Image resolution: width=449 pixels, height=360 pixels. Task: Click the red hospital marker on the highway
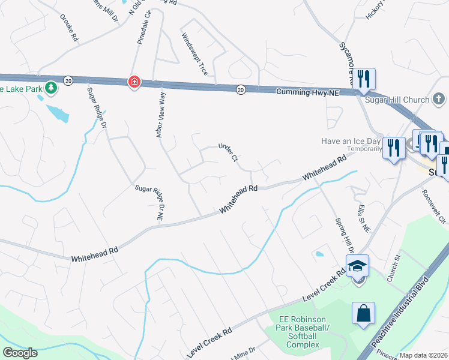(x=134, y=82)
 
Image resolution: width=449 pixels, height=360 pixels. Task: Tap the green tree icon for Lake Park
(x=52, y=88)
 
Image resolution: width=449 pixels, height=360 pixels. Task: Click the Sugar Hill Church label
(x=397, y=100)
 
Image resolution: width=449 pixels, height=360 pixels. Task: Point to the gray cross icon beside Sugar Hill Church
(x=439, y=99)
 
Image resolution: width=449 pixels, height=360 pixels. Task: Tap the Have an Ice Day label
(x=351, y=142)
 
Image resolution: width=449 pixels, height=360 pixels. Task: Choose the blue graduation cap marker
(x=357, y=264)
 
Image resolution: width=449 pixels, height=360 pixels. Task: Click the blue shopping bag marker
(x=364, y=313)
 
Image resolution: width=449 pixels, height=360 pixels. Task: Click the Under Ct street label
(x=229, y=152)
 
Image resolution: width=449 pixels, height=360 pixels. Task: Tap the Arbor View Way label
(x=160, y=114)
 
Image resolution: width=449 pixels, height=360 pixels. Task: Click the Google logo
(x=20, y=353)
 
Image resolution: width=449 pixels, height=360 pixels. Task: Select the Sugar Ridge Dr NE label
(x=149, y=200)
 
